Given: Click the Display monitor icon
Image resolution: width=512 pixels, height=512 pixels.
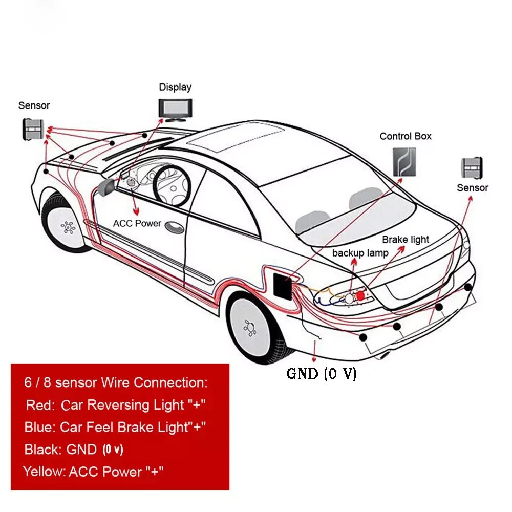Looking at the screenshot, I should (x=174, y=109).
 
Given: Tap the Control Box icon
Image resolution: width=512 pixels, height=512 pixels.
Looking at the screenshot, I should (x=404, y=162).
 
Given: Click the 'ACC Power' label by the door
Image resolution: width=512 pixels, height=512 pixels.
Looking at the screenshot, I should (x=137, y=224).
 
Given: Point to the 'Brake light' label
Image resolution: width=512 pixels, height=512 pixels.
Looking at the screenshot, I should (x=406, y=240).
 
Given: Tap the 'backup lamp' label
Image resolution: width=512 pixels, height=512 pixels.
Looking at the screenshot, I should (x=360, y=253).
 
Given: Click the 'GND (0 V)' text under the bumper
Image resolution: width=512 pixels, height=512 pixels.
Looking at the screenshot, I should (x=321, y=374).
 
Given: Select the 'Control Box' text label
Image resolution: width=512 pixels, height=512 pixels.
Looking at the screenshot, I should (x=406, y=136).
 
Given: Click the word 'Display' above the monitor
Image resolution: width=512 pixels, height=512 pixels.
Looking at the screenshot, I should (x=175, y=87).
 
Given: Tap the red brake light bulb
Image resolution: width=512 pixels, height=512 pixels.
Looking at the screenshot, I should (x=360, y=295).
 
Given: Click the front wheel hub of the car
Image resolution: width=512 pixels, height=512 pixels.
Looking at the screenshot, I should (x=67, y=225).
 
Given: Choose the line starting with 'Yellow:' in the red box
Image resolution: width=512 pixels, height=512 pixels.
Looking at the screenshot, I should (x=95, y=471).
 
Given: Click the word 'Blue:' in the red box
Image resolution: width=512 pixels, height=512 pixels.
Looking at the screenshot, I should (x=40, y=427).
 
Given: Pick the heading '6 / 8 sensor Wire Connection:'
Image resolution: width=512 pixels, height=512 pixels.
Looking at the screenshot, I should (x=116, y=382).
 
